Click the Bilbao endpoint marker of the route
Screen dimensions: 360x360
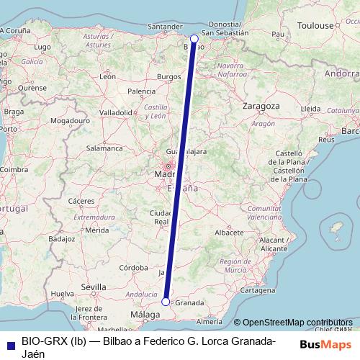(x=194, y=38)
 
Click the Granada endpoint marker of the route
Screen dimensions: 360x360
(x=166, y=302)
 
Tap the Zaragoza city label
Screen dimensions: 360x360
(x=261, y=105)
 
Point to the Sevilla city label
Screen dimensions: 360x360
(x=94, y=287)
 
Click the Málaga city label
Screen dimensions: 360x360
(x=145, y=315)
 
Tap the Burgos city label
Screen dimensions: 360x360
(x=168, y=76)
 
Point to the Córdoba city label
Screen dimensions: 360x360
(x=133, y=267)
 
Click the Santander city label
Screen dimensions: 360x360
(x=163, y=27)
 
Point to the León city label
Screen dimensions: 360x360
(x=108, y=76)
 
